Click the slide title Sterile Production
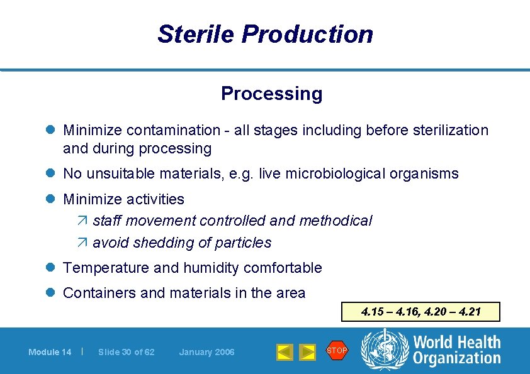coord(265,34)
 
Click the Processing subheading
coord(271,94)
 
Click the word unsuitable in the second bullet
coord(118,173)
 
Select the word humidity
coord(211,268)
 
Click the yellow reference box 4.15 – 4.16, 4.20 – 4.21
coord(420,312)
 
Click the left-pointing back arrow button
coord(285,352)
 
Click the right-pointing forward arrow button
coord(307,352)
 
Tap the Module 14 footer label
coord(50,352)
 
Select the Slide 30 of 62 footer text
coord(126,352)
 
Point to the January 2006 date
coord(206,352)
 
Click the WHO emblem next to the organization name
coord(383,350)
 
